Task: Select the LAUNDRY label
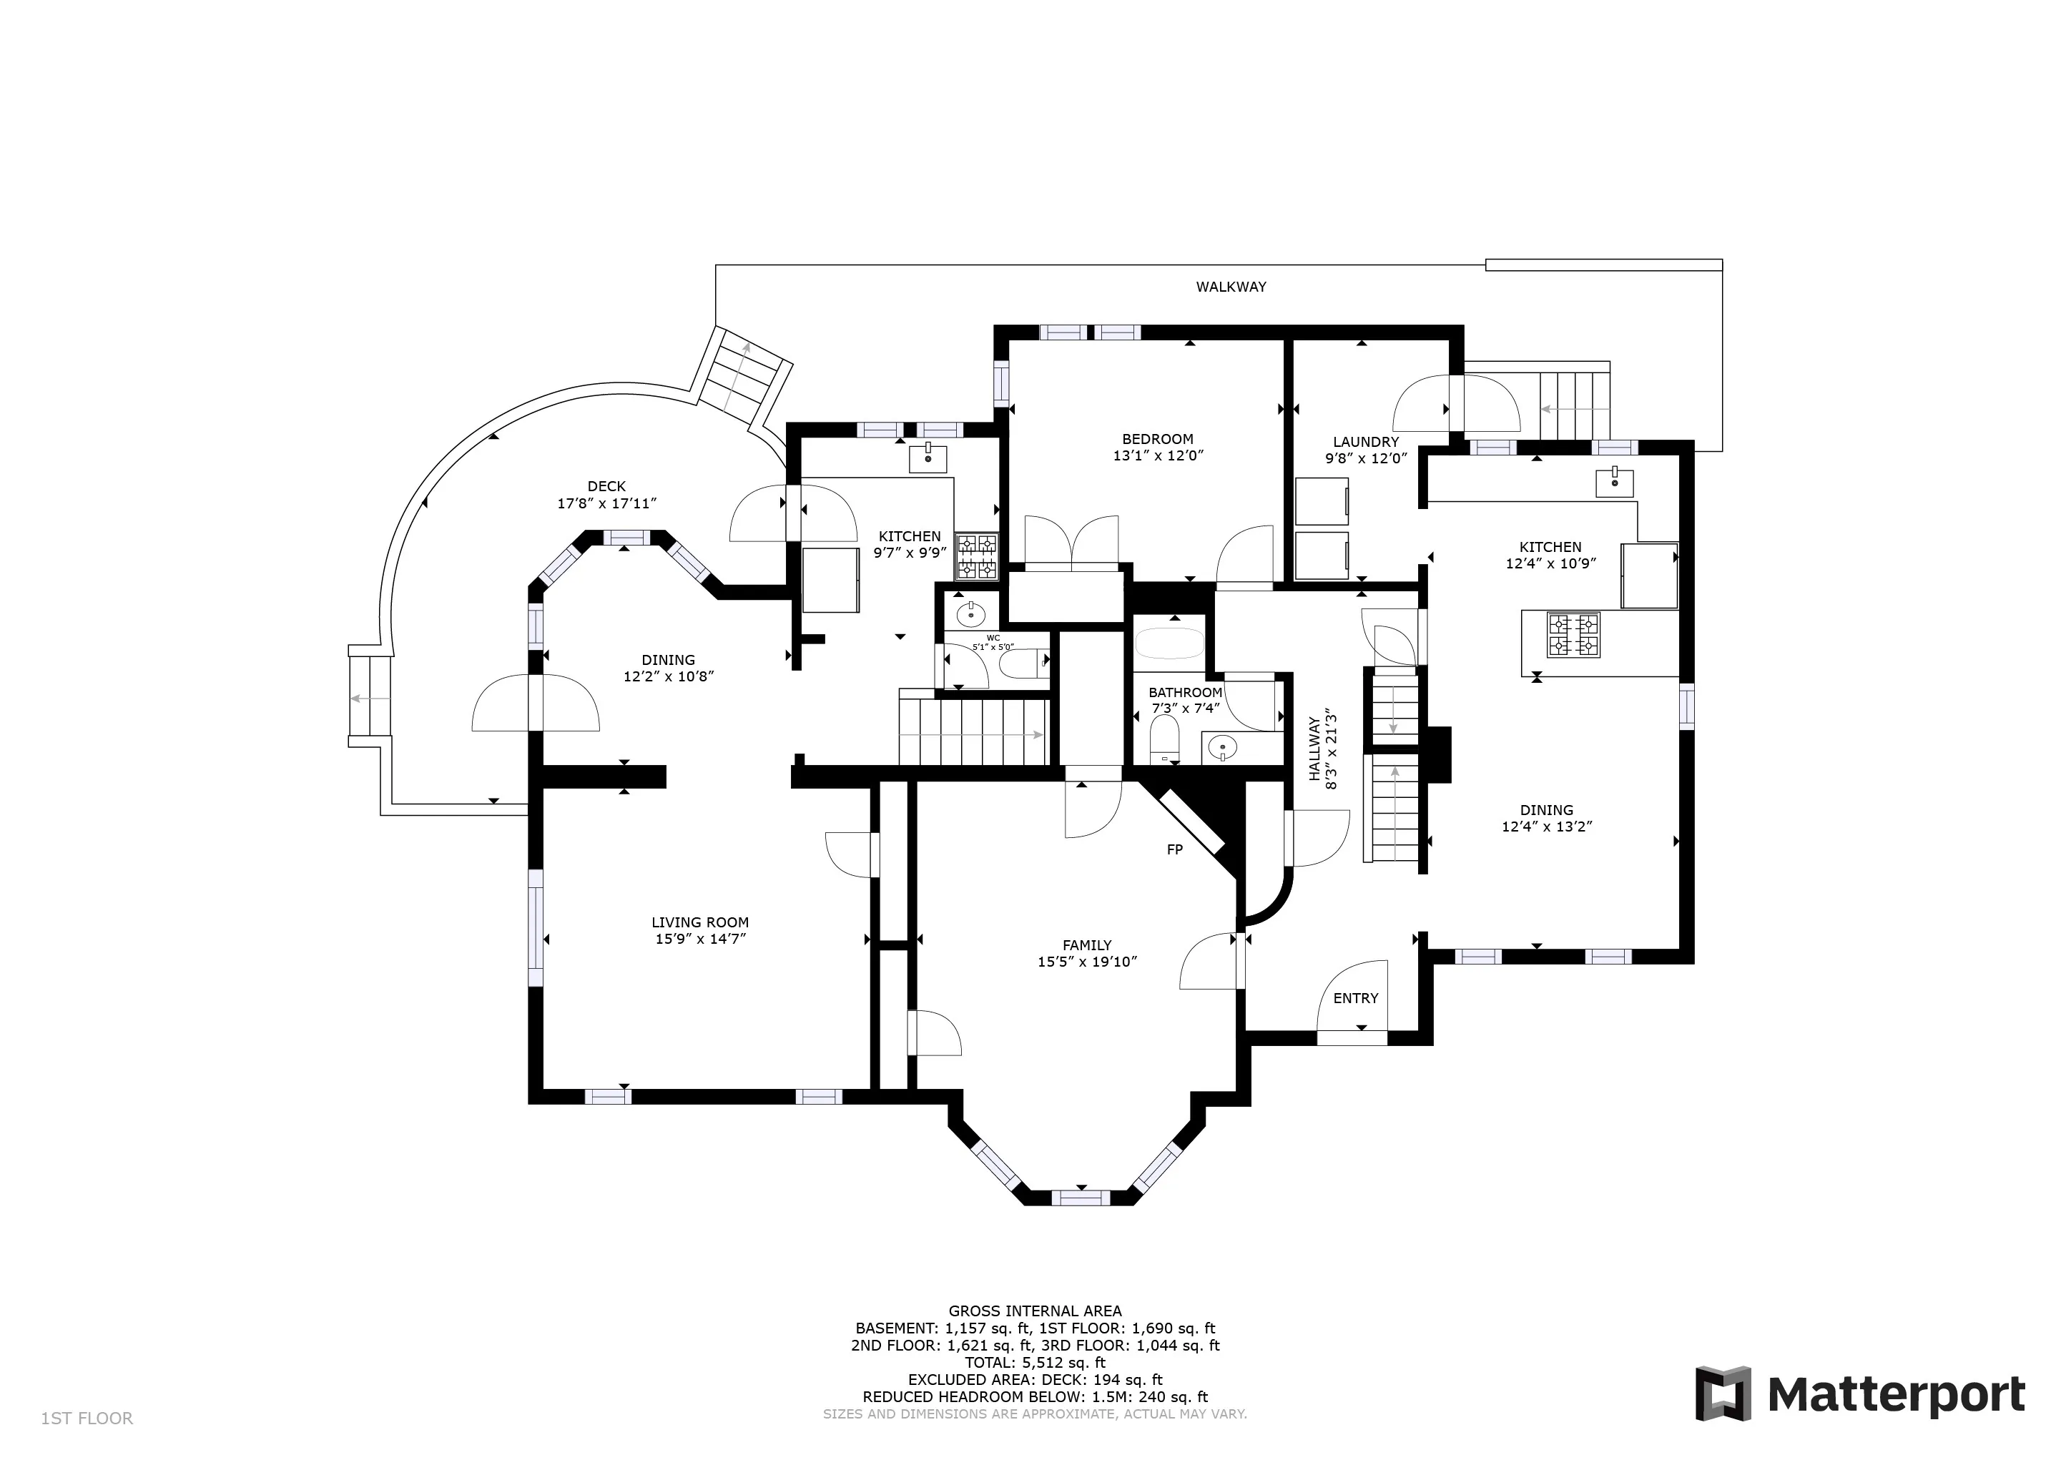point(1366,442)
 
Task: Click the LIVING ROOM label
point(700,922)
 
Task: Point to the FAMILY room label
point(1087,945)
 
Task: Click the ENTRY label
point(1356,997)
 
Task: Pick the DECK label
point(606,486)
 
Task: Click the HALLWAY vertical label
point(1314,749)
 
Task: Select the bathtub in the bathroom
point(1169,644)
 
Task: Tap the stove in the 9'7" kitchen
point(977,556)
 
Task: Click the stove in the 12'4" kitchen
point(1573,634)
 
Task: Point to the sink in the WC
point(970,615)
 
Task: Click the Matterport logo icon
point(1723,1394)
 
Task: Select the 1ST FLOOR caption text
point(87,1419)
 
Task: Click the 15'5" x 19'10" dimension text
point(1087,962)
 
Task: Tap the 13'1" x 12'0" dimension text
point(1159,456)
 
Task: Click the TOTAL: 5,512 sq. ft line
point(1035,1363)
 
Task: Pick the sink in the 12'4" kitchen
point(1615,483)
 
